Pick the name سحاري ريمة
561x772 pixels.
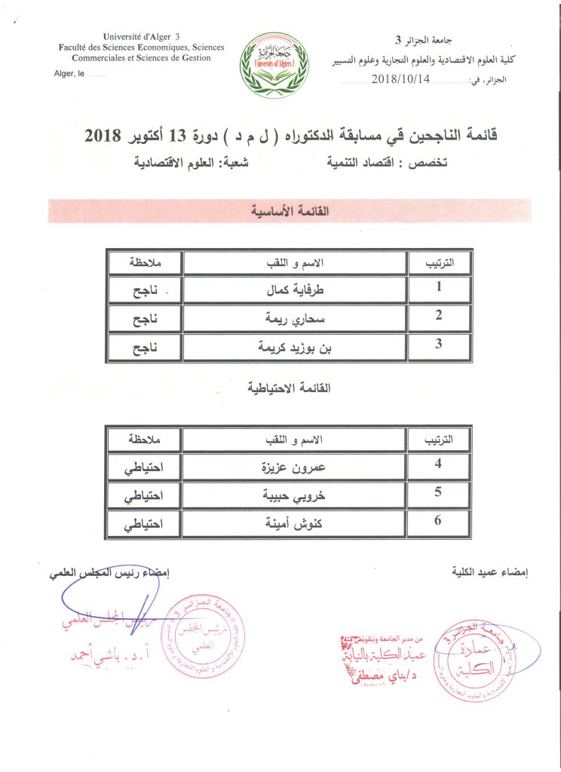pyautogui.click(x=296, y=318)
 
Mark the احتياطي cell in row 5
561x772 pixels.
pyautogui.click(x=144, y=495)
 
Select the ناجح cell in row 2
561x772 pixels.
pyautogui.click(x=143, y=318)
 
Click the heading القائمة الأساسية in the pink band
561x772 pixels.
pyautogui.click(x=289, y=212)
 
